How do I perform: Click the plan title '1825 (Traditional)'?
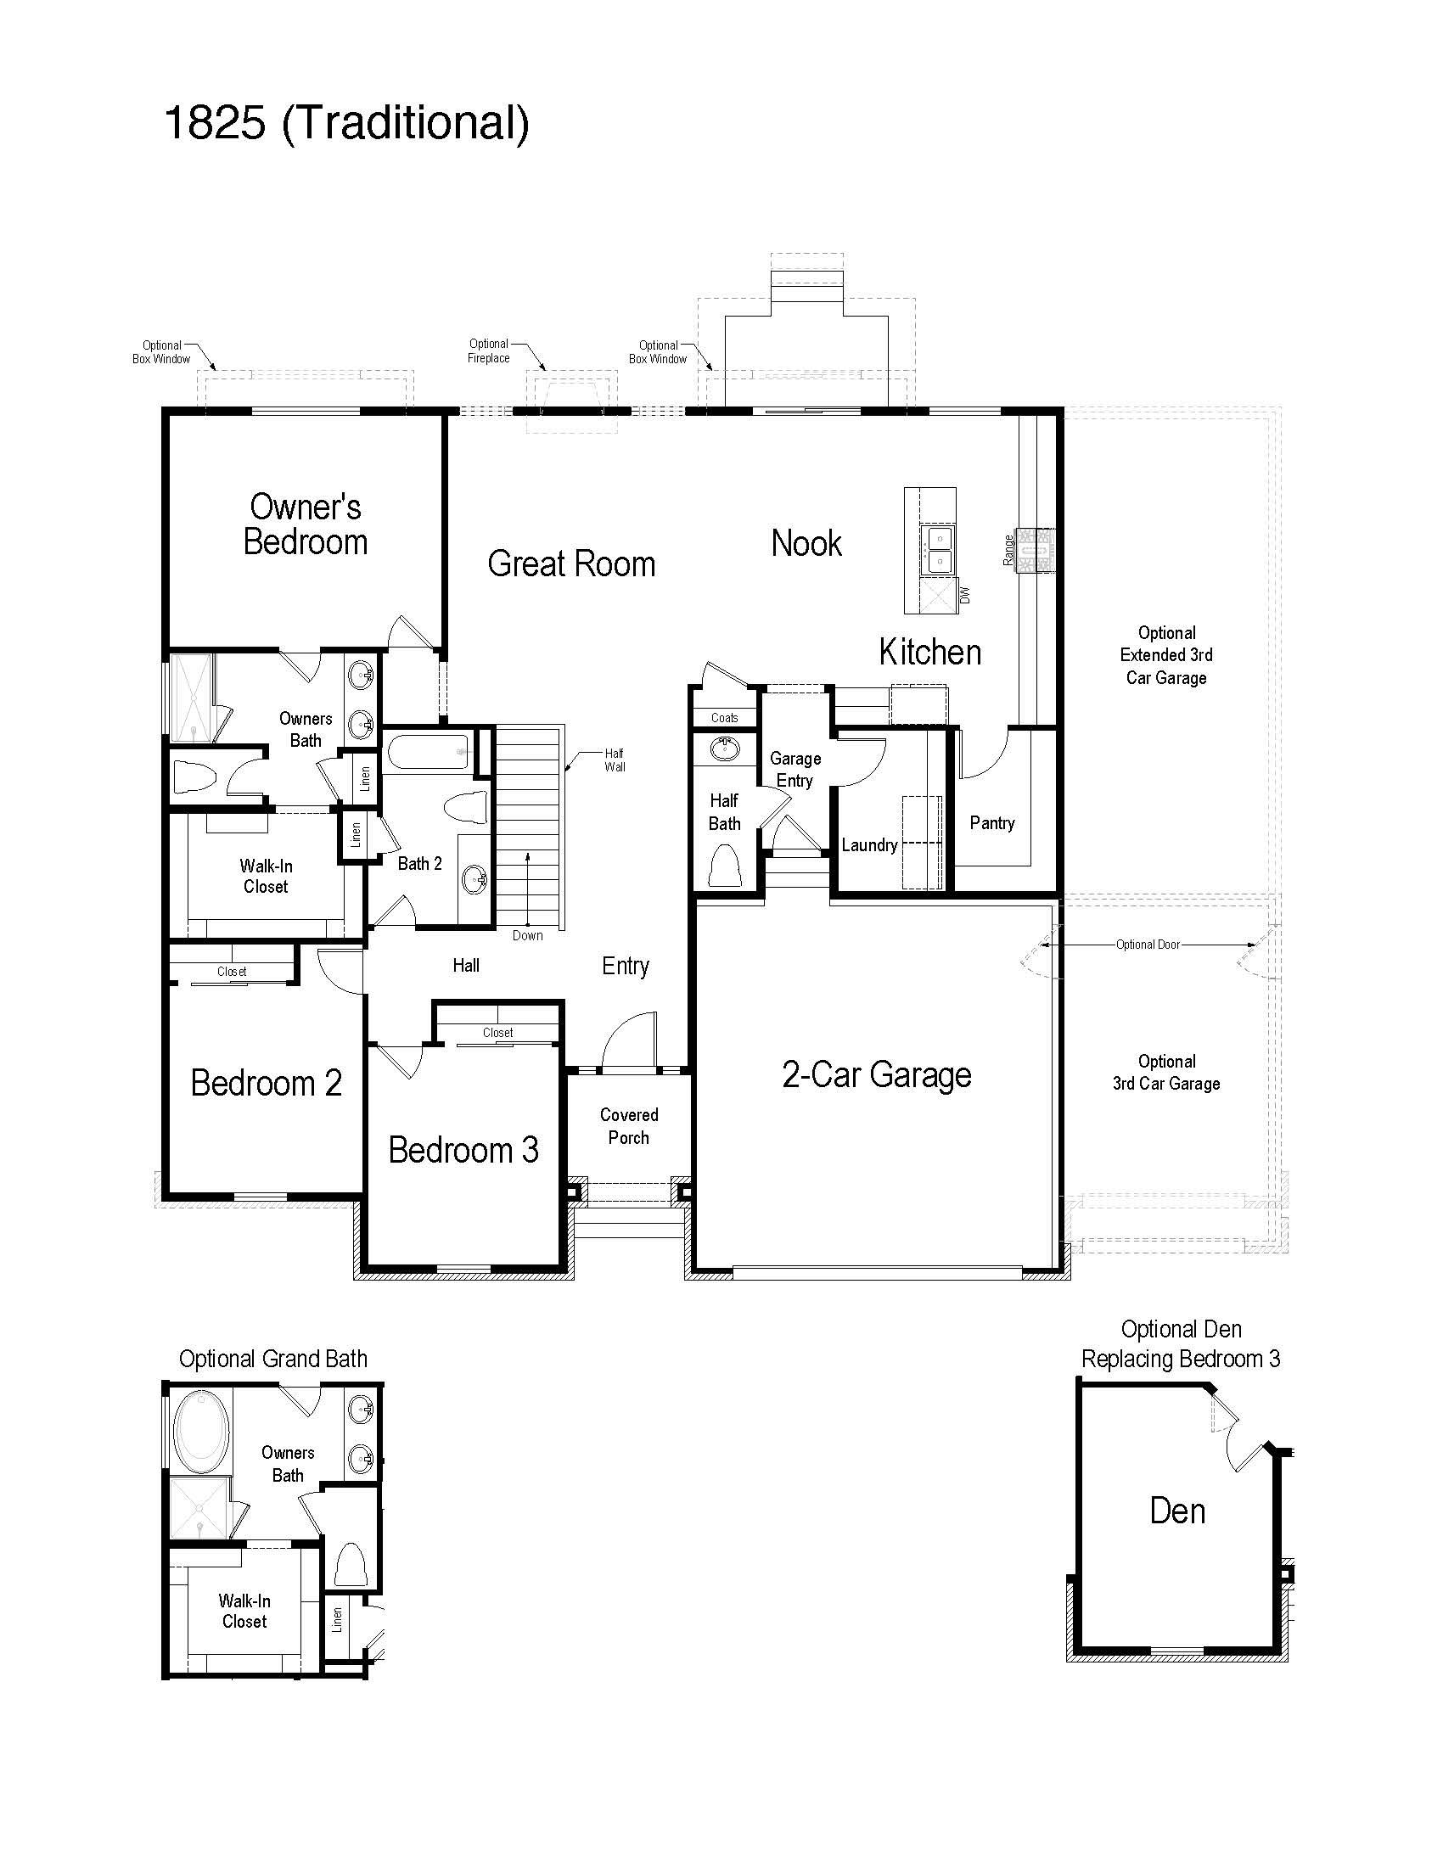pos(346,124)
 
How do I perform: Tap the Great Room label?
pos(571,564)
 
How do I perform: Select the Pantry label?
pos(991,823)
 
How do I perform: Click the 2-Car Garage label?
pos(876,1075)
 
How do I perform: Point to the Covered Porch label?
pos(628,1126)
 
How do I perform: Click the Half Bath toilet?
pos(724,865)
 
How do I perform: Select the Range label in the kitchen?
pos(1008,550)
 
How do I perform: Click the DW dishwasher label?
pos(965,595)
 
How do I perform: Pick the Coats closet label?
pos(724,718)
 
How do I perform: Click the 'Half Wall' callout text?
pos(615,760)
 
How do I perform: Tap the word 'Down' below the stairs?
pos(527,936)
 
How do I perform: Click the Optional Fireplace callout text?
pos(489,351)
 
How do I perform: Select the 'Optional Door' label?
pos(1148,945)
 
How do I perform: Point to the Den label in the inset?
pos(1177,1511)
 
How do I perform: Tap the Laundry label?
pos(869,845)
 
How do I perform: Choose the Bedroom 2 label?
pos(266,1084)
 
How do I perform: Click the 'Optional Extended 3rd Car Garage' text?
pos(1166,656)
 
